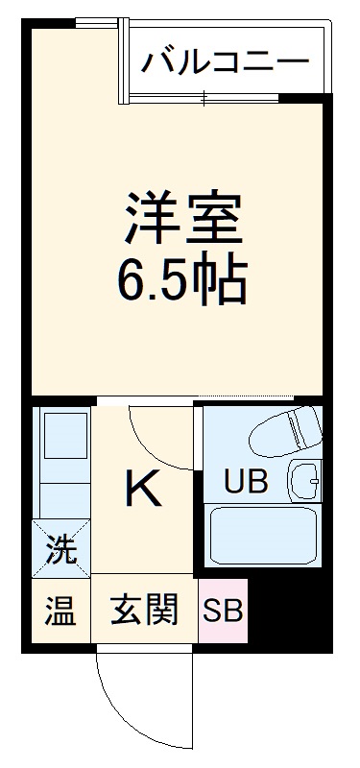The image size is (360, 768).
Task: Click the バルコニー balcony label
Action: (x=227, y=62)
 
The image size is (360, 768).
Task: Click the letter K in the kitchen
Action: (x=143, y=491)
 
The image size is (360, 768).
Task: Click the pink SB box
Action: (x=223, y=610)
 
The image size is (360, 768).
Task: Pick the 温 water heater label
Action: (x=60, y=610)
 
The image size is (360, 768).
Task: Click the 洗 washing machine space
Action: (x=60, y=550)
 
